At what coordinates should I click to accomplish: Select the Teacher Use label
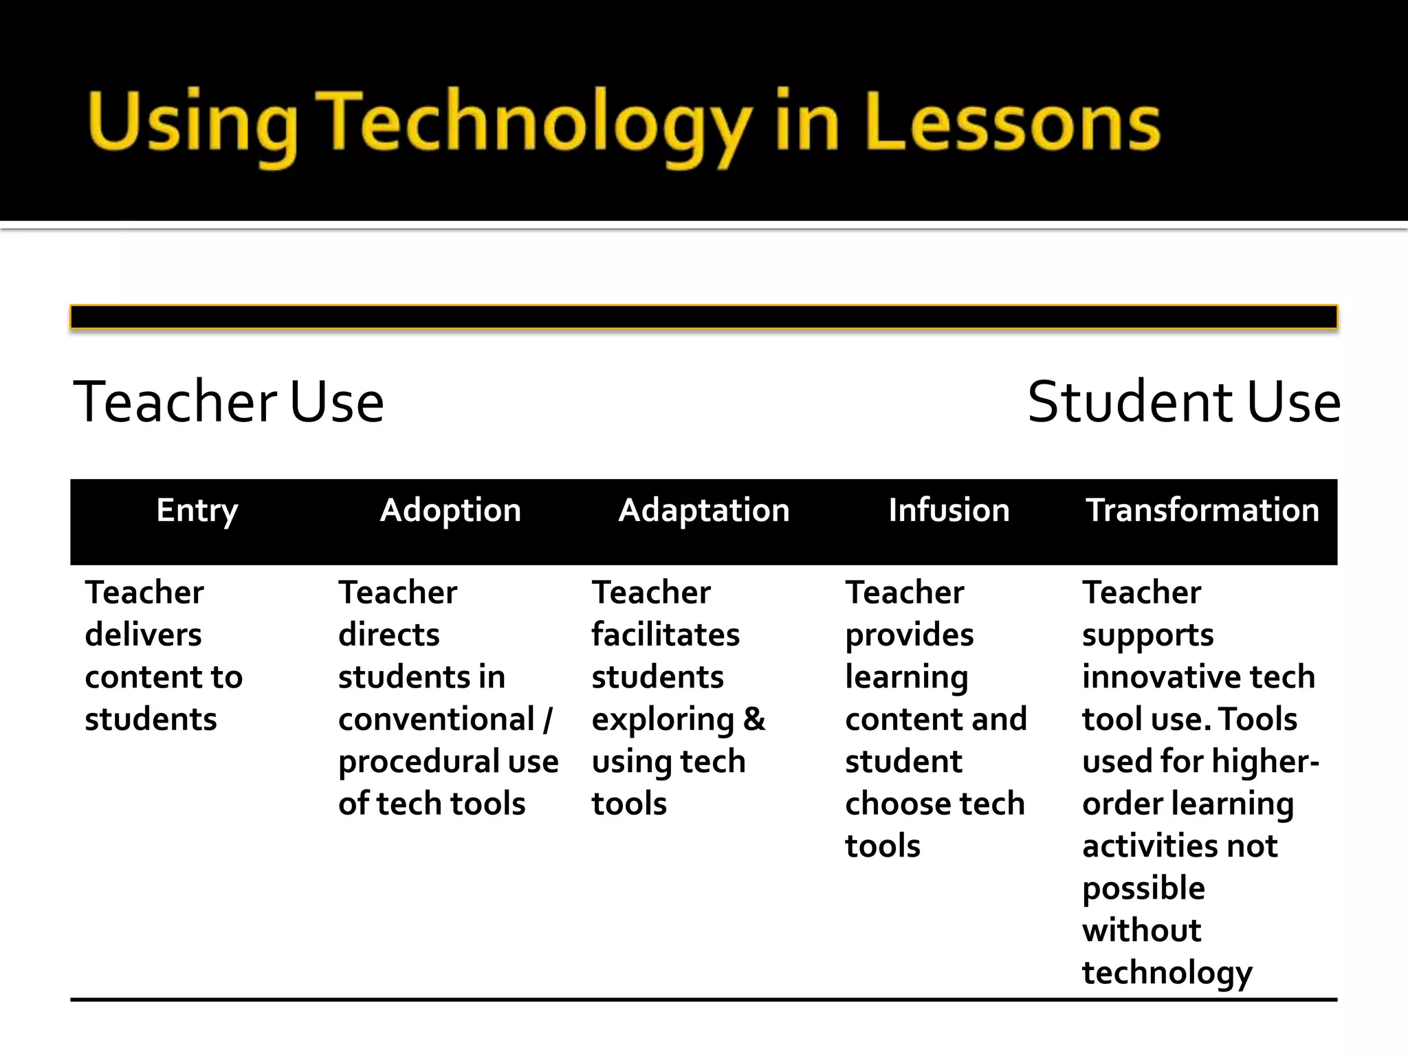pyautogui.click(x=228, y=401)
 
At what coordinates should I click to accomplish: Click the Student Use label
pyautogui.click(x=1184, y=401)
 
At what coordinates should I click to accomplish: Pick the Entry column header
pyautogui.click(x=197, y=511)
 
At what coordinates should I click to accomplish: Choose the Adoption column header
pyautogui.click(x=450, y=511)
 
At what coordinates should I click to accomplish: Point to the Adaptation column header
pyautogui.click(x=704, y=511)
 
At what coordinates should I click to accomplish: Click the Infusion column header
pyautogui.click(x=949, y=511)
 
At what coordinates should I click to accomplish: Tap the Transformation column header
pyautogui.click(x=1202, y=511)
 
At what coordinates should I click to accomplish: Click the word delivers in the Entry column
pyautogui.click(x=143, y=635)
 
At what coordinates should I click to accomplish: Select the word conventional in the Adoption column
pyautogui.click(x=436, y=720)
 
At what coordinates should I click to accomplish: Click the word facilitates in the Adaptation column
pyautogui.click(x=665, y=635)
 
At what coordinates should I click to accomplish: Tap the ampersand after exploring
pyautogui.click(x=754, y=720)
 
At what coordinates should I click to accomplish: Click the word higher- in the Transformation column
pyautogui.click(x=1265, y=762)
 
